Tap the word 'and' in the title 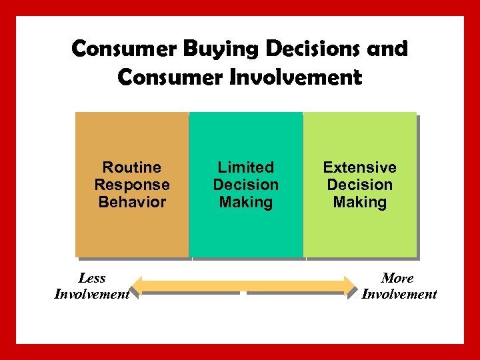[x=389, y=49]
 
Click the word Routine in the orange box [x=132, y=167]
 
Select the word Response [x=132, y=185]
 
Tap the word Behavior [x=132, y=202]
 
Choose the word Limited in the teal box [x=246, y=167]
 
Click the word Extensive [x=360, y=167]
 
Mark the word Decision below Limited [x=246, y=185]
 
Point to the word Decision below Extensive [x=360, y=185]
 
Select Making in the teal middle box [x=246, y=202]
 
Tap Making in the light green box [x=360, y=202]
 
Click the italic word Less [x=92, y=278]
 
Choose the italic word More [x=398, y=278]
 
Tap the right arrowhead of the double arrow [x=351, y=287]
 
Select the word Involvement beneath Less [x=92, y=294]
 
